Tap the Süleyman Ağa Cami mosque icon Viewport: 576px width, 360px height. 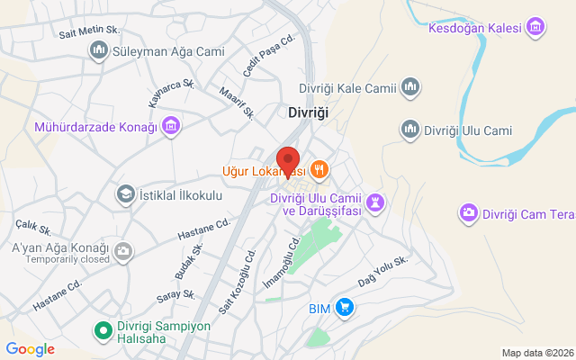coord(99,51)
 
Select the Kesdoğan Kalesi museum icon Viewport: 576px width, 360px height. coord(537,28)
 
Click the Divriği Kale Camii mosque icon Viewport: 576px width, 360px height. coord(411,87)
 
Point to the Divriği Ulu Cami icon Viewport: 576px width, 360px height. coord(410,129)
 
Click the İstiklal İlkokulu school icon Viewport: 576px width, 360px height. coord(126,193)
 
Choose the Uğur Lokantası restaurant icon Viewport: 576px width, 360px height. coord(319,169)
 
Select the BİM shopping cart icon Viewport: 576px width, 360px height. coord(345,309)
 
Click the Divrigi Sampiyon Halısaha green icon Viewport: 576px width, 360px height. coord(103,331)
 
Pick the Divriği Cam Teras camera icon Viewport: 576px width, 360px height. coord(469,213)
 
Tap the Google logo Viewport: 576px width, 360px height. coord(30,348)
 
